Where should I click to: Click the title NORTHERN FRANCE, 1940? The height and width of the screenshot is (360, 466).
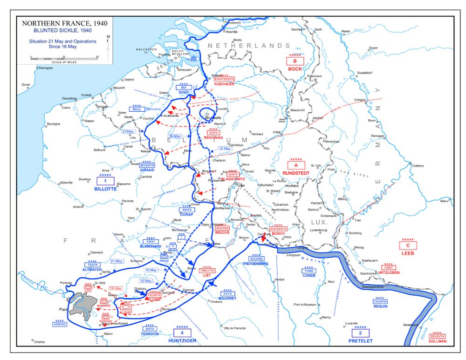pos(58,23)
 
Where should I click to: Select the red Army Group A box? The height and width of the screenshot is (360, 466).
pos(296,165)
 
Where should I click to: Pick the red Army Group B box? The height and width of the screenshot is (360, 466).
pos(295,61)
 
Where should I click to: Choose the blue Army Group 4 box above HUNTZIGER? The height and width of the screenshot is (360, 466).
pos(182,333)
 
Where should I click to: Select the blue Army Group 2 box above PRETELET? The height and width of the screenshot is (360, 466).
pos(361,333)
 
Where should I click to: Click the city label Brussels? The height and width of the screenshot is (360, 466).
pos(213,118)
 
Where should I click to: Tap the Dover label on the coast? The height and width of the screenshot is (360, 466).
pos(26,85)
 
